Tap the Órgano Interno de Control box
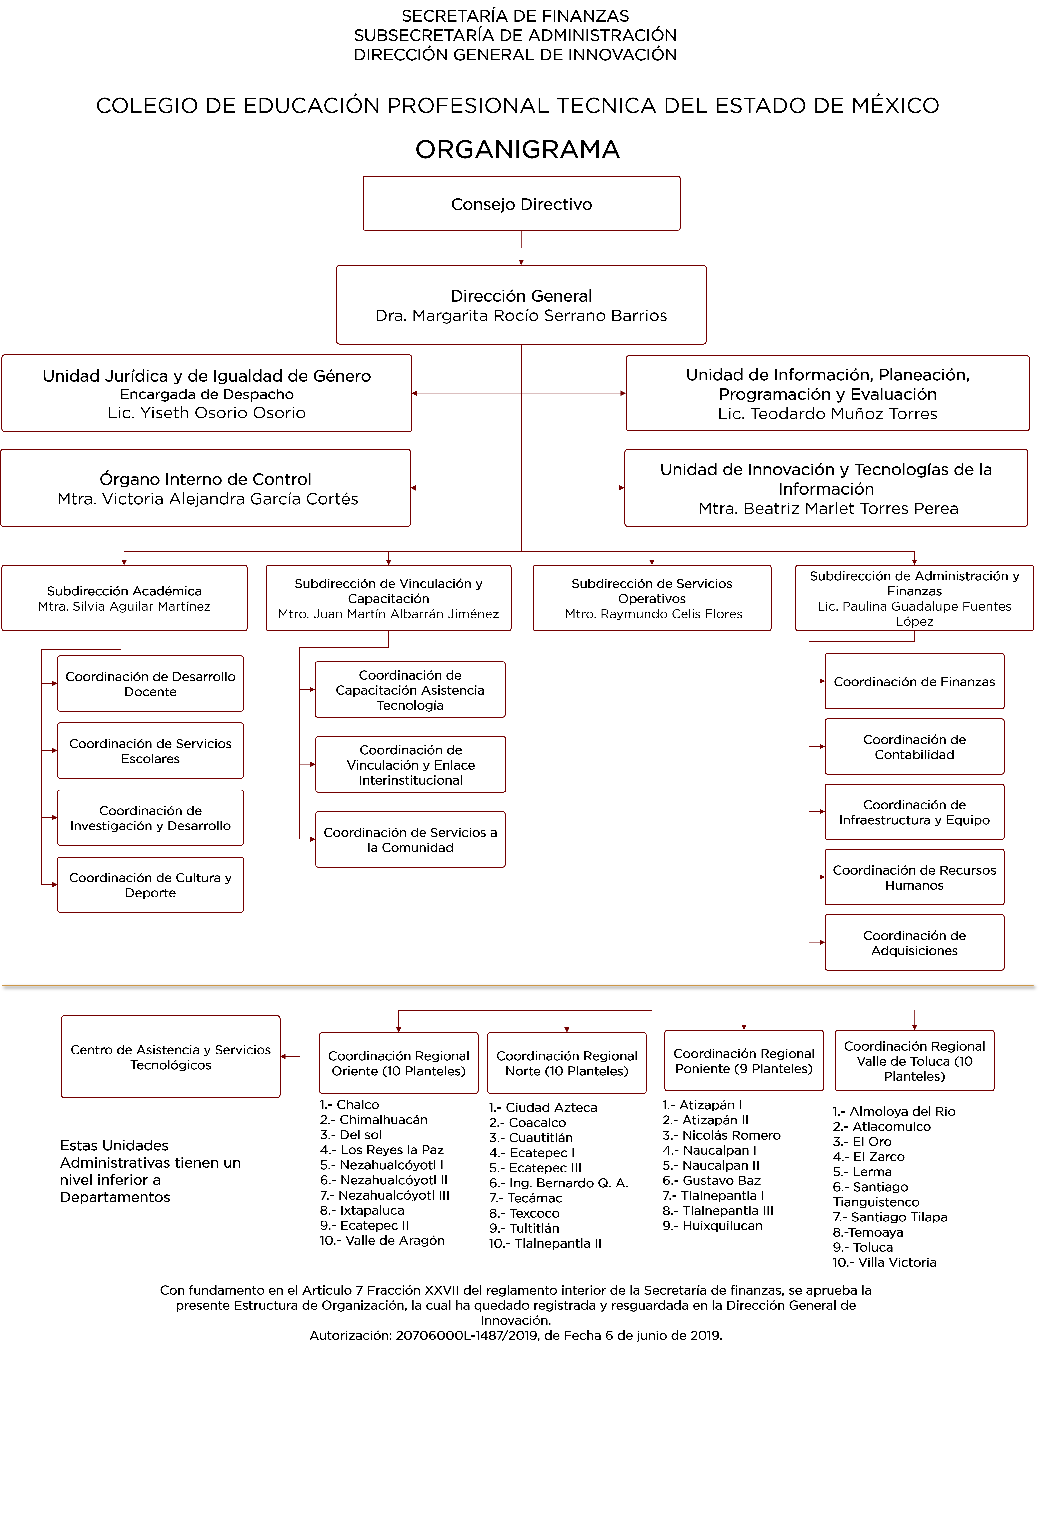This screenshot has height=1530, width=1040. [x=205, y=488]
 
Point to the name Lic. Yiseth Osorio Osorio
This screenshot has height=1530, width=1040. [x=207, y=413]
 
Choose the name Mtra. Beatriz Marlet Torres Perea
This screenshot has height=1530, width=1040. [x=827, y=508]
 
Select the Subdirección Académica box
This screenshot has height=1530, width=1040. [x=124, y=598]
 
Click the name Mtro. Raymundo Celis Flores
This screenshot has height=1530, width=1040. [x=653, y=613]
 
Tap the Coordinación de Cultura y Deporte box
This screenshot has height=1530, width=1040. [x=150, y=885]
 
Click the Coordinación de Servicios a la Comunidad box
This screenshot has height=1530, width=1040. [x=410, y=839]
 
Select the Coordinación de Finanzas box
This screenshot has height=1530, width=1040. [x=914, y=681]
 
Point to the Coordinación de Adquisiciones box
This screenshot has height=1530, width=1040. [x=914, y=943]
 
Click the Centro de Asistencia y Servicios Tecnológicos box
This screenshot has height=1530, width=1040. [x=170, y=1057]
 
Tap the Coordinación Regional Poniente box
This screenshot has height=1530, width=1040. [x=744, y=1061]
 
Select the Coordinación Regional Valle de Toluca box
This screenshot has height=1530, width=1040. [x=914, y=1061]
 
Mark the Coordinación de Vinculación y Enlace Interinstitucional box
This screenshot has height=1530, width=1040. [x=410, y=764]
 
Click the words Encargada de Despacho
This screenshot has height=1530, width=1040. [x=207, y=394]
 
